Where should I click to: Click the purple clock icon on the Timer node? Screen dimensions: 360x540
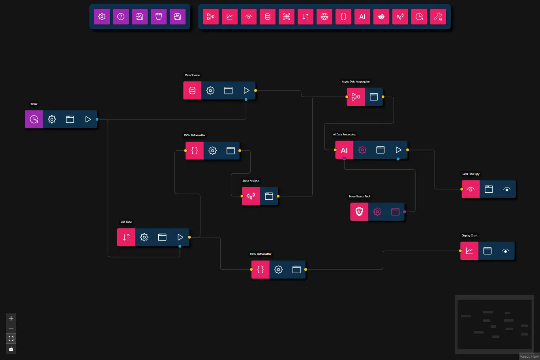click(x=34, y=119)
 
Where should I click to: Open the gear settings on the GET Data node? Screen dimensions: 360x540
click(x=144, y=237)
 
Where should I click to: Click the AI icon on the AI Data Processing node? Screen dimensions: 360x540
click(x=344, y=150)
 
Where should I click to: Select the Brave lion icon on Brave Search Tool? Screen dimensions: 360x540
click(x=359, y=212)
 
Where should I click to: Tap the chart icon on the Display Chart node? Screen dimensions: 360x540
click(x=469, y=251)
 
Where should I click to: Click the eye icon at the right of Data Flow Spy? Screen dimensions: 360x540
click(x=507, y=189)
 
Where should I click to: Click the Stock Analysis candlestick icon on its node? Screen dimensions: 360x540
click(x=251, y=196)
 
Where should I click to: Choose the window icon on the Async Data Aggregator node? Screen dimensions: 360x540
click(x=374, y=97)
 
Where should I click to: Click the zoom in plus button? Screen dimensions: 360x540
click(x=11, y=318)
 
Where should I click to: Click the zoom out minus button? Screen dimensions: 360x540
click(x=11, y=328)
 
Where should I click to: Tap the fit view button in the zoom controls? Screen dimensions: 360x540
click(x=11, y=339)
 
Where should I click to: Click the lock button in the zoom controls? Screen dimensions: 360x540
click(x=11, y=349)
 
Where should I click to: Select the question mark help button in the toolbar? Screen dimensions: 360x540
click(x=121, y=17)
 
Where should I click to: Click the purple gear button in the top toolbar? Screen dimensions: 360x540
click(x=102, y=17)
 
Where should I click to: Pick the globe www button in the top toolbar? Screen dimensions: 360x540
click(x=324, y=17)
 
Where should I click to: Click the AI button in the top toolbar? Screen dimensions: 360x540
click(x=362, y=17)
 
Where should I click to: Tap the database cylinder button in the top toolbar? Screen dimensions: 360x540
click(x=268, y=17)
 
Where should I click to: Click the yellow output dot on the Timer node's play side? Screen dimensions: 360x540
click(x=97, y=119)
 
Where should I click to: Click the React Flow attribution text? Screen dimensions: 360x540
click(x=529, y=356)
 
